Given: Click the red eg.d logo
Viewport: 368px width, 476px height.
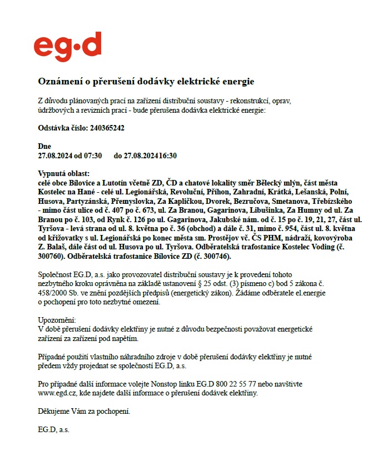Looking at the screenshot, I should tap(67, 47).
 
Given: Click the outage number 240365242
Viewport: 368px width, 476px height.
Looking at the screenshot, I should tap(107, 128).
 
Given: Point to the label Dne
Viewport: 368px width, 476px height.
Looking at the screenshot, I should tap(44, 146).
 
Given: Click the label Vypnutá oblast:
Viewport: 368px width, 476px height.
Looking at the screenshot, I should tap(63, 174).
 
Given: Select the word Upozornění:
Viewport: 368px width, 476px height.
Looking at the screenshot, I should tap(57, 320).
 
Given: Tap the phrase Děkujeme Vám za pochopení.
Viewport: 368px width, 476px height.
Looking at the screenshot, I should tap(84, 412).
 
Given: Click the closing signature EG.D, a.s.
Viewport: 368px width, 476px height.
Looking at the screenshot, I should tap(53, 430).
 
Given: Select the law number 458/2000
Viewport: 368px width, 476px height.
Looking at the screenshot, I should tap(57, 293).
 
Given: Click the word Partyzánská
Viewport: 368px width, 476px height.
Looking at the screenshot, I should tap(87, 201).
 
